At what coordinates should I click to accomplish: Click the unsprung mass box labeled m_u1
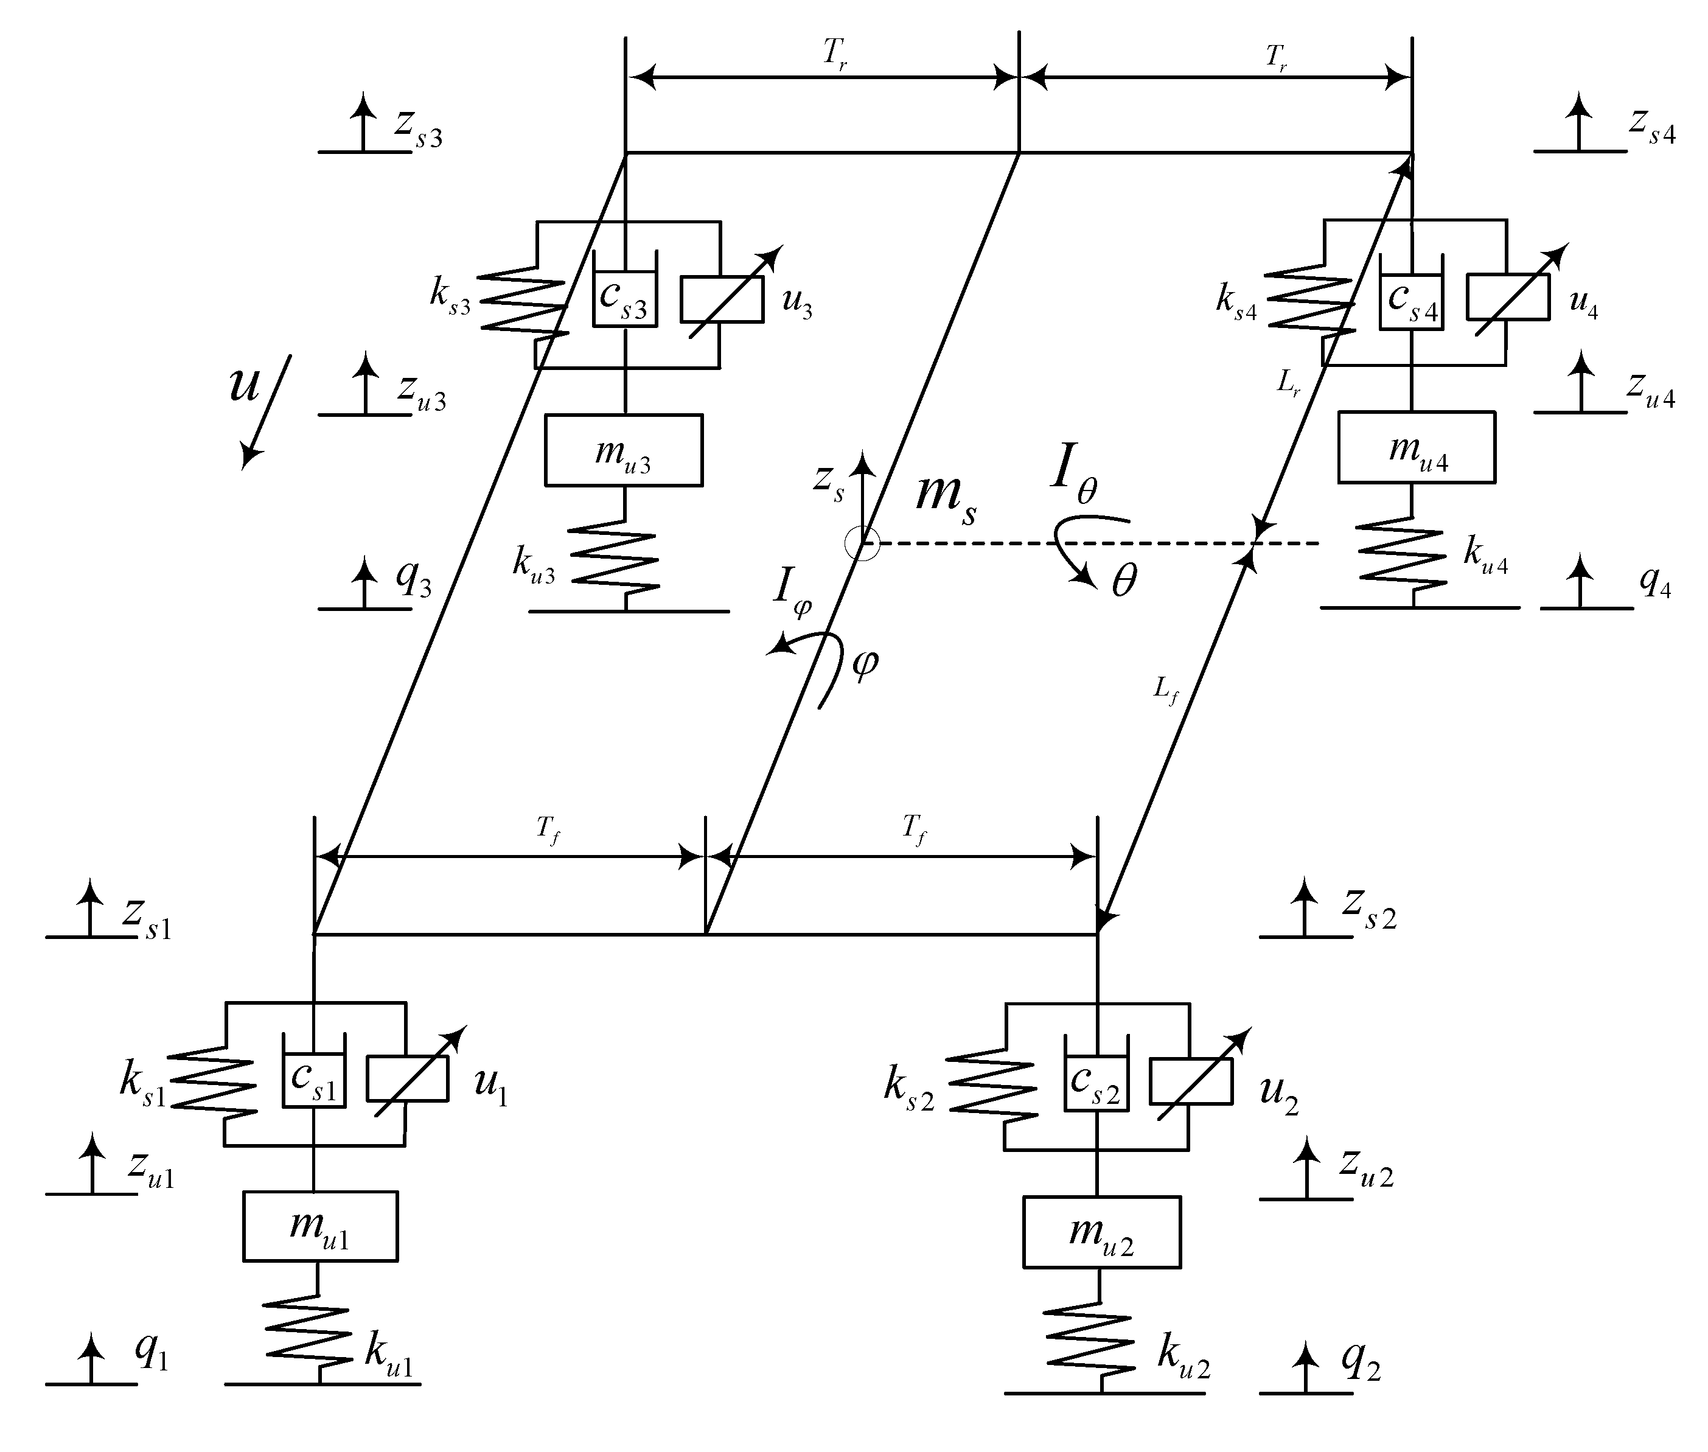tap(320, 1226)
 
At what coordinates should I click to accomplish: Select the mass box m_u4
tap(1416, 447)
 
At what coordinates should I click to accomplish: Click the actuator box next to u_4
tap(1507, 297)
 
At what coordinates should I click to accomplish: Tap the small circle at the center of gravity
tap(862, 543)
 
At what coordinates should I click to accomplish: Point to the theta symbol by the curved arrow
tap(1124, 581)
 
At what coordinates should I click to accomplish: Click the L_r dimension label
tap(1289, 383)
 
